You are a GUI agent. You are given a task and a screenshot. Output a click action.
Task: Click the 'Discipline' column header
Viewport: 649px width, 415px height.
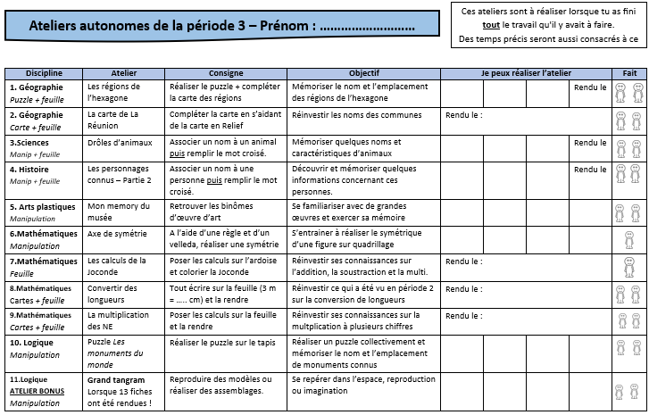point(44,72)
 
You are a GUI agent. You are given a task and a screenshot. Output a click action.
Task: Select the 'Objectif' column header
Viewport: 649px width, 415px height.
point(363,72)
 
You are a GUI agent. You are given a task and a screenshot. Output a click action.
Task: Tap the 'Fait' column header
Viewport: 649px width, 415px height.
point(629,72)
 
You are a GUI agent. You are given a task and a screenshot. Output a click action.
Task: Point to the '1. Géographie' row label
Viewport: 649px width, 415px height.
point(37,87)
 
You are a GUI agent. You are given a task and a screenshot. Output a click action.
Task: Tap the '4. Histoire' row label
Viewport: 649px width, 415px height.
point(29,169)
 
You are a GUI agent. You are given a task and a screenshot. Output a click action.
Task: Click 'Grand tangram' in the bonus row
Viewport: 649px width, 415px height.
point(111,379)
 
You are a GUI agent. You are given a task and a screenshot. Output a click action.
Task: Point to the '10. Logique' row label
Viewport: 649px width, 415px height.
point(31,342)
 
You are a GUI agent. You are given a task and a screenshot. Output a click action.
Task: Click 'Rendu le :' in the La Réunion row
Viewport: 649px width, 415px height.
point(463,115)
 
